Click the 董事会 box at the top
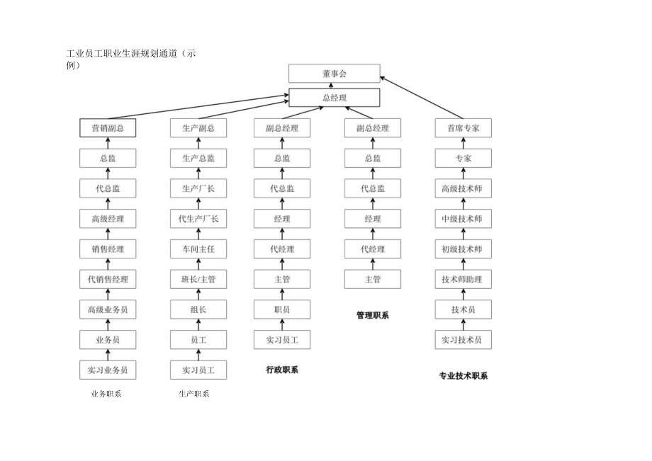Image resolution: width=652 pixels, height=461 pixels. pyautogui.click(x=334, y=74)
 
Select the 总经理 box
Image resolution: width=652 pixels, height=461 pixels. pyautogui.click(x=334, y=98)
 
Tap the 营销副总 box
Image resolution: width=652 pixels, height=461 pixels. pyautogui.click(x=108, y=128)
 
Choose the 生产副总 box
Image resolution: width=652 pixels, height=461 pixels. pyautogui.click(x=198, y=128)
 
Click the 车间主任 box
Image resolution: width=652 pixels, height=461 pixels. pyautogui.click(x=198, y=249)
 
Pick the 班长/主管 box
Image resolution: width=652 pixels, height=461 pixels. pyautogui.click(x=198, y=280)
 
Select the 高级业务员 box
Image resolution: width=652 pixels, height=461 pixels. pyautogui.click(x=108, y=309)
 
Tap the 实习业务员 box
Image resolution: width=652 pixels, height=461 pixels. pyautogui.click(x=108, y=370)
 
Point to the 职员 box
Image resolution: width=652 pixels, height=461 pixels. pyautogui.click(x=282, y=309)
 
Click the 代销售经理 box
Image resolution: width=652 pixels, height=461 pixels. pyautogui.click(x=108, y=280)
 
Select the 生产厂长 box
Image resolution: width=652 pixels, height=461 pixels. pyautogui.click(x=198, y=188)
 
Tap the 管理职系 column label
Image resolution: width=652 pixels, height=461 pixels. pyautogui.click(x=373, y=315)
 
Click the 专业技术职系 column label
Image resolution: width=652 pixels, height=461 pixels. pyautogui.click(x=463, y=376)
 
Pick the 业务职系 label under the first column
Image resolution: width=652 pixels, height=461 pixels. pyautogui.click(x=106, y=394)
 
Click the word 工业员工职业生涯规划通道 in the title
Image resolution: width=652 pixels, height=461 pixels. pyautogui.click(x=120, y=54)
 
